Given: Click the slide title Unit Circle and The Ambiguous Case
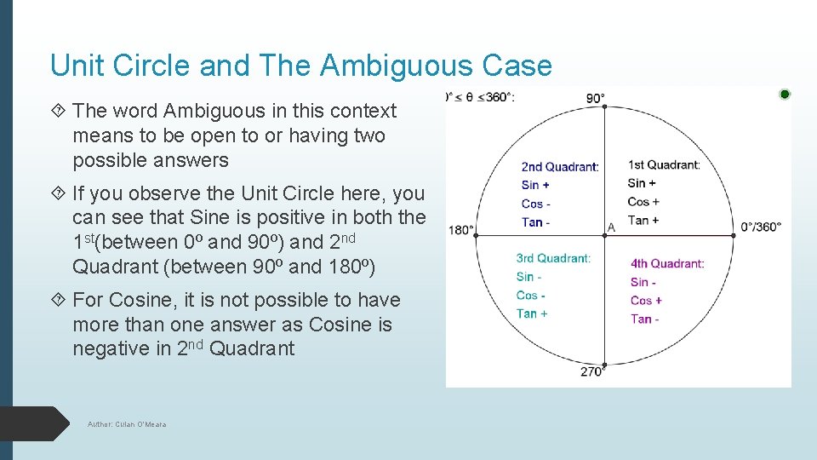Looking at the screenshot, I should pos(300,66).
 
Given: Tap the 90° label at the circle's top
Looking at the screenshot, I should pos(596,98).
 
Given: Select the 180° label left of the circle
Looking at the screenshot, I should pos(460,230).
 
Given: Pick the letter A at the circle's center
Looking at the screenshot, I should pos(611,227).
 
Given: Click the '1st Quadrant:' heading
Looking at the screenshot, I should pos(664,164).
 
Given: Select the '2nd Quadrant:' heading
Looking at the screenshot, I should pos(560,167).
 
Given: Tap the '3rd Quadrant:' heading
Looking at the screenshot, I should pos(553,258).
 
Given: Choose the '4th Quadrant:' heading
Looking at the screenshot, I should pos(667,263).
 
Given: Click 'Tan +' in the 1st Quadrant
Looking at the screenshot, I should pos(643,220).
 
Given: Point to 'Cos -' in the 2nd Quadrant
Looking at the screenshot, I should pos(536,204).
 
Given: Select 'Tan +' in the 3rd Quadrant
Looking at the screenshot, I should pos(532,313).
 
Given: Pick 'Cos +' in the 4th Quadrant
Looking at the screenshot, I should pos(646,300).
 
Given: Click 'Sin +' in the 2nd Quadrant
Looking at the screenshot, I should pos(536,185).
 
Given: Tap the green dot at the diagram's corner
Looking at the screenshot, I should pos(785,94).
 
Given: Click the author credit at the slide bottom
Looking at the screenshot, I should pos(128,424).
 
